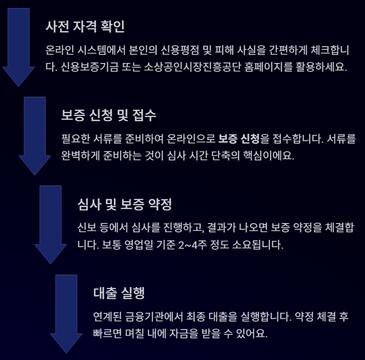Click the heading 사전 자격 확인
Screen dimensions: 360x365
[85, 26]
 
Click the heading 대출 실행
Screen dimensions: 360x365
[119, 293]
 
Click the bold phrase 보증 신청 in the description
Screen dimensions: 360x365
[238, 139]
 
